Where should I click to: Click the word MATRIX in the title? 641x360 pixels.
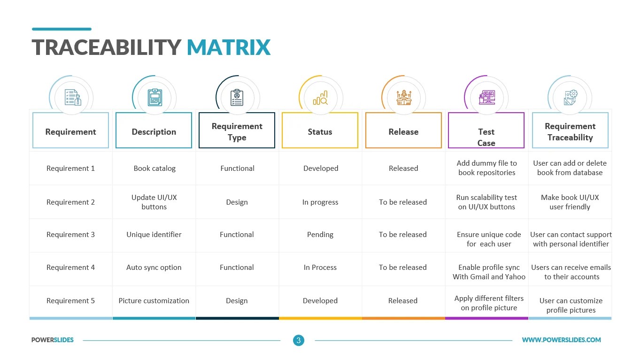228,47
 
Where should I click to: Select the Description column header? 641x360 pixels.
154,131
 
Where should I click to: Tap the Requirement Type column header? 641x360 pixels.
237,131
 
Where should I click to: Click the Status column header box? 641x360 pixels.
320,131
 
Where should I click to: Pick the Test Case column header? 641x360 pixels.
486,137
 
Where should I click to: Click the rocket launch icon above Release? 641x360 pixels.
403,98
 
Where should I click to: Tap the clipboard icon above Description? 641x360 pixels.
154,98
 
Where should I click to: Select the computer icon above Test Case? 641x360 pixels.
487,98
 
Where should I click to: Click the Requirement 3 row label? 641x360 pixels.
70,234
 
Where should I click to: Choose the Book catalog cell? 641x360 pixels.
154,168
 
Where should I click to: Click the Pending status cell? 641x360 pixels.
320,234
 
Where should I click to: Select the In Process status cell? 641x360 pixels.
320,267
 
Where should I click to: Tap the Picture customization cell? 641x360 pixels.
154,300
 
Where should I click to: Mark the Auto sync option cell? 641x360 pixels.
154,267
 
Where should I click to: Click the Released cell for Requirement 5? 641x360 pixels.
403,300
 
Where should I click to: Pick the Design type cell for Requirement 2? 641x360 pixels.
237,202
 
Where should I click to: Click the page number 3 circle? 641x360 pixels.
298,340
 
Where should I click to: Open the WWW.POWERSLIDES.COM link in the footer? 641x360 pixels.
561,340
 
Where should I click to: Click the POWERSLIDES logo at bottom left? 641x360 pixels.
53,340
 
